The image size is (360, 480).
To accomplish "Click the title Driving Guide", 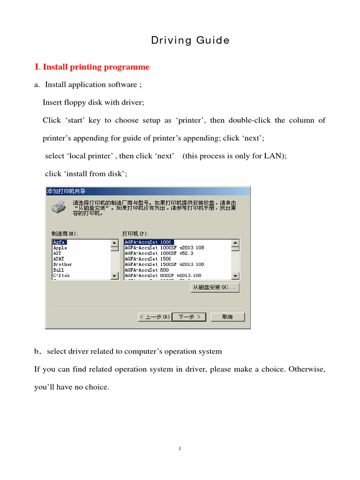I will (190, 41).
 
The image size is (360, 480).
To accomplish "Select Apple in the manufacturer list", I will (60, 247).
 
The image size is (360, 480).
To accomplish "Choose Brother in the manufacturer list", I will (62, 264).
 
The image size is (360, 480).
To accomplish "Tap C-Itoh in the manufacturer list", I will (61, 276).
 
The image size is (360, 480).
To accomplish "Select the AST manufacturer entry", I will (57, 253).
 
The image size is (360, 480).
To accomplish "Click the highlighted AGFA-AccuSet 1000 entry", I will (148, 242).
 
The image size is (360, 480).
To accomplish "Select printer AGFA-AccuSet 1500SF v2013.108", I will (164, 264).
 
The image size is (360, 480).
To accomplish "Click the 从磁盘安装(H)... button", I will (215, 287).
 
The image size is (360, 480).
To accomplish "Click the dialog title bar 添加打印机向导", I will (66, 191).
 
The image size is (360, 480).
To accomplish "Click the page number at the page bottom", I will (180, 449).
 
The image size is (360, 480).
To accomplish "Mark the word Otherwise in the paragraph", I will (307, 369).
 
